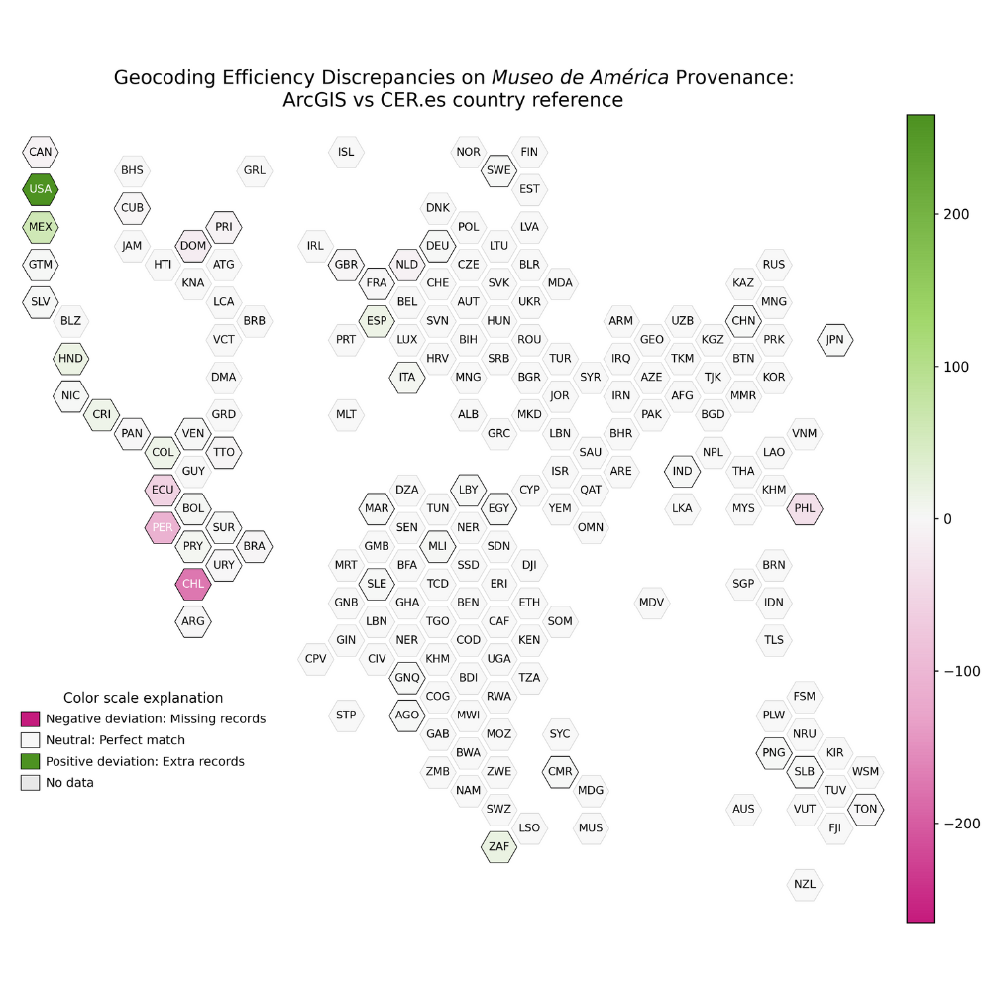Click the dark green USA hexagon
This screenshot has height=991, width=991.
tap(41, 189)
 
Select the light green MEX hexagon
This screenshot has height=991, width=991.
tap(41, 227)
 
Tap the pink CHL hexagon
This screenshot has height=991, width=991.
tap(193, 584)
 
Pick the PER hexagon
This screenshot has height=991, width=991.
tap(163, 527)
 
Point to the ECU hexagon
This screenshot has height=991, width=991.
tap(163, 490)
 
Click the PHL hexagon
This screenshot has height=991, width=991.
tap(805, 508)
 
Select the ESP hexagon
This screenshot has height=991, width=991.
tap(377, 321)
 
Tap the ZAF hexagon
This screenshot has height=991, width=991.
tap(498, 847)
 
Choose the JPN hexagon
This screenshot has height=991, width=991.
tap(835, 340)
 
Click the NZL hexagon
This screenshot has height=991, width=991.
tap(805, 884)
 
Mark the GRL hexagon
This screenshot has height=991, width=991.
tap(255, 170)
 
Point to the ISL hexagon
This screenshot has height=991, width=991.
tap(346, 152)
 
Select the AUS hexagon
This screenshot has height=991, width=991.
tap(743, 809)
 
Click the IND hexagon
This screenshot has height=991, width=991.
tap(682, 471)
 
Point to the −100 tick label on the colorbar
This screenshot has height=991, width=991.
tap(956, 672)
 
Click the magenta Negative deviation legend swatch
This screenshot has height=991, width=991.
tap(31, 718)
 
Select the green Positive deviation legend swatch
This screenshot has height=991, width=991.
tap(31, 761)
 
